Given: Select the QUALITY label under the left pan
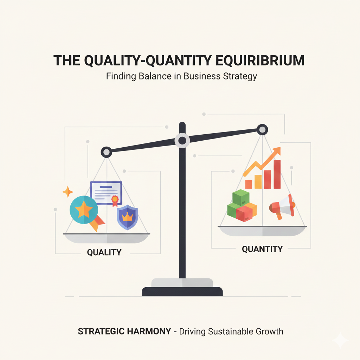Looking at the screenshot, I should tap(104, 252).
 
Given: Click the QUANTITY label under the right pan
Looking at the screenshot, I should tap(262, 249).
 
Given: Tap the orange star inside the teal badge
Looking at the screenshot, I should tap(84, 210).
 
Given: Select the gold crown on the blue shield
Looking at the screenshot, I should tap(127, 216).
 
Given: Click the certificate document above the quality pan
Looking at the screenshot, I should tap(106, 193).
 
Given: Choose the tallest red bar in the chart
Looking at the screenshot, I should tap(277, 174).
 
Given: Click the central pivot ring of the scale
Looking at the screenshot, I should tap(182, 141).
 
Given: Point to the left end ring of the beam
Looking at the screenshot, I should tap(106, 152).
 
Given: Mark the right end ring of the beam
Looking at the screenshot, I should tap(262, 130).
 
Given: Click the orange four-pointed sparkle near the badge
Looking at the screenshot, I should tap(67, 192).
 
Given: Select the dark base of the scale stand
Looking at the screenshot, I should tap(182, 291).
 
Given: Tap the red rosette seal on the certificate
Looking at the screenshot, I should tap(115, 200).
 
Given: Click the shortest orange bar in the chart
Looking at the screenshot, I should tap(249, 184).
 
